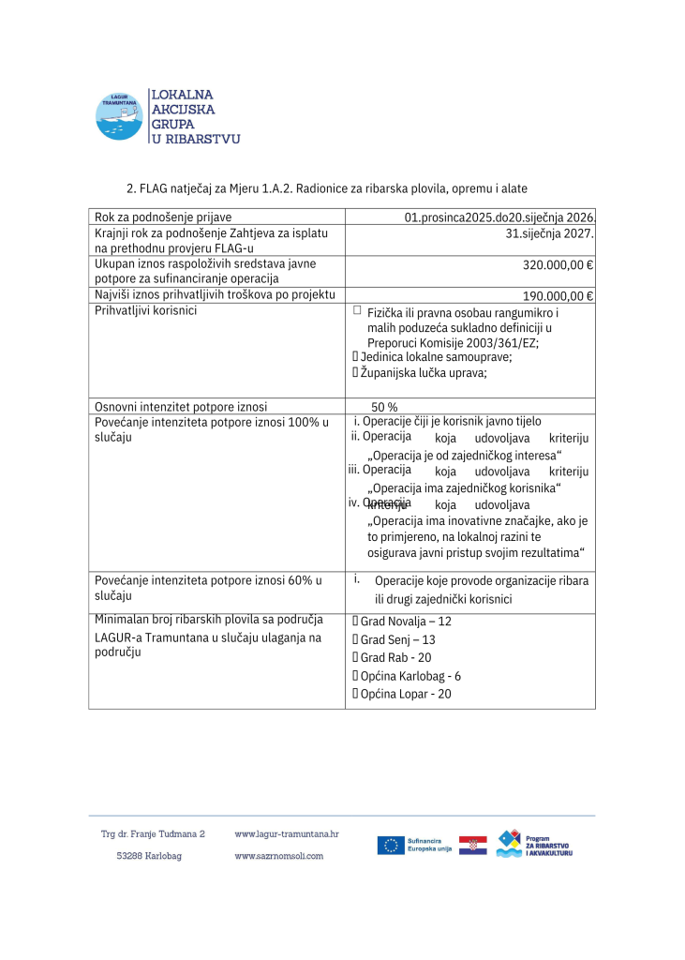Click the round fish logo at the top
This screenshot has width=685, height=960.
coord(119,116)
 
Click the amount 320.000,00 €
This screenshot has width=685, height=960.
coord(558,264)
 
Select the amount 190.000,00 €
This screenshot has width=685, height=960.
coord(558,296)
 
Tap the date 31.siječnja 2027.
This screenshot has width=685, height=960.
coord(550,233)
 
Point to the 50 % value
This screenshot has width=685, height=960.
coord(384,407)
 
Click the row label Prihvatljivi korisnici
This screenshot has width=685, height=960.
coord(145,310)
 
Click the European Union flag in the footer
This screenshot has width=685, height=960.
coord(391,845)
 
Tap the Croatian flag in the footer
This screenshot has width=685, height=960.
coord(472,845)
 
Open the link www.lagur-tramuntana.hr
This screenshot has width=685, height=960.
coord(287,833)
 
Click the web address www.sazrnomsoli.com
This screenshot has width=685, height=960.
coord(279,856)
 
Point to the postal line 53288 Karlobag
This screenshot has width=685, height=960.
coord(149,856)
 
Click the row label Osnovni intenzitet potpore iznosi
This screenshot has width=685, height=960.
coord(181,407)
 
